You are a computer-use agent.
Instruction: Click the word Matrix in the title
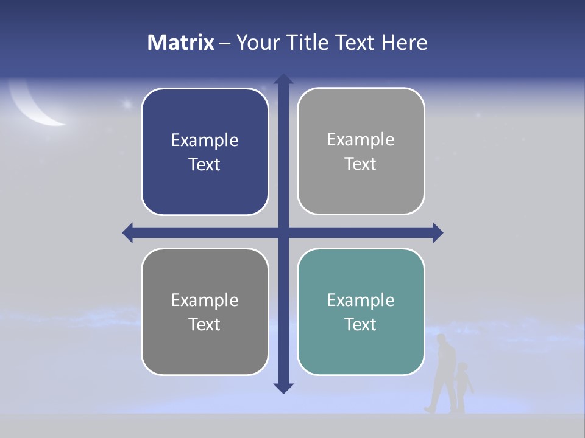180,43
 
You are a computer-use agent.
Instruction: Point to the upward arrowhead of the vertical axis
283,80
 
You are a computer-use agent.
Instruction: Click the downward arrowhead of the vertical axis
283,388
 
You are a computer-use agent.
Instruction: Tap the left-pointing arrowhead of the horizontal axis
128,232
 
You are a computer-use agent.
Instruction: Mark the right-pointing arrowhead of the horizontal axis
438,232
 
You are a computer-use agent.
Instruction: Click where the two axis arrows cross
283,232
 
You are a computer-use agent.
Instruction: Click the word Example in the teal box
361,300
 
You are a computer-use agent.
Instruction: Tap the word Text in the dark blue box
205,164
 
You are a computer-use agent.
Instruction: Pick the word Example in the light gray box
361,139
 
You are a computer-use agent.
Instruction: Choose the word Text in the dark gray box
205,324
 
